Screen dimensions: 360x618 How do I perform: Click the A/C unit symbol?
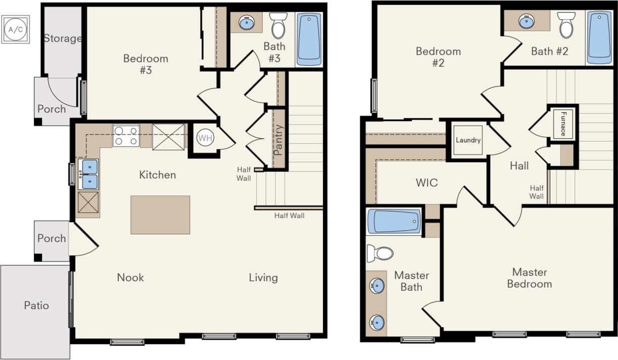click(15, 29)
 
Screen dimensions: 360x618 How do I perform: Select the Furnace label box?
click(562, 124)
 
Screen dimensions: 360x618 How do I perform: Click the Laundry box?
click(468, 140)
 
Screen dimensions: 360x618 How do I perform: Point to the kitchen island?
click(160, 215)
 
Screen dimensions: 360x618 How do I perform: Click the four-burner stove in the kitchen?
click(126, 136)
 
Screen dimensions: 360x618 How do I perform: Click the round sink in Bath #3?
click(247, 23)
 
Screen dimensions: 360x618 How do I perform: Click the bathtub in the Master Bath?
click(394, 221)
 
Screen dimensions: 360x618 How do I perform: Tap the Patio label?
click(36, 305)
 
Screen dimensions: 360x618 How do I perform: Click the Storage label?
click(63, 38)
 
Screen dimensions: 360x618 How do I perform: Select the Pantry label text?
click(278, 139)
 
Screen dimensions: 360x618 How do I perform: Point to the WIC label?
click(427, 183)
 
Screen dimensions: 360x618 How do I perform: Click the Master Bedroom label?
click(529, 278)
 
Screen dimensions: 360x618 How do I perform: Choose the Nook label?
click(130, 277)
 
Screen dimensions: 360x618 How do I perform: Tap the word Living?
click(263, 277)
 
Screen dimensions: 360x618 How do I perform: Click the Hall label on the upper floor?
click(519, 166)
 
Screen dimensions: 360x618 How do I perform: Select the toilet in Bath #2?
click(566, 25)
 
